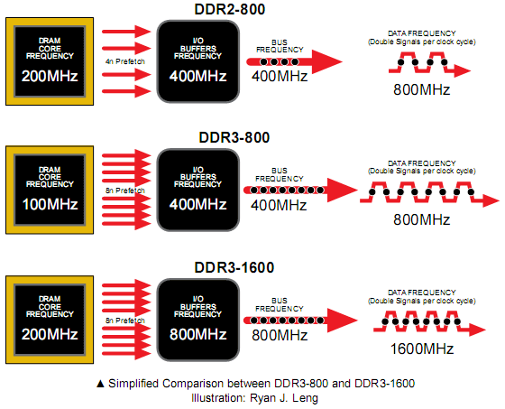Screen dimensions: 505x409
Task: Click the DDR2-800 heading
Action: [x=230, y=9]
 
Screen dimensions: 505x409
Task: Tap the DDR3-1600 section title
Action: [x=234, y=267]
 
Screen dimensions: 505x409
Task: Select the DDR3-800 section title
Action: [x=234, y=137]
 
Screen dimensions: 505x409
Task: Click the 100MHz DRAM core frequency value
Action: [x=50, y=204]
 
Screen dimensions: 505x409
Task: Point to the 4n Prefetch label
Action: [x=125, y=61]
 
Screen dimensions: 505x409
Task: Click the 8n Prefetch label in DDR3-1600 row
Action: [x=125, y=321]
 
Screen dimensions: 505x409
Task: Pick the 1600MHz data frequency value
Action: [x=422, y=349]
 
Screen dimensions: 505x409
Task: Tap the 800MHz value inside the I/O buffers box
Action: [x=198, y=334]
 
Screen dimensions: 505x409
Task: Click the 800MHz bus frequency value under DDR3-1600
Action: [x=280, y=335]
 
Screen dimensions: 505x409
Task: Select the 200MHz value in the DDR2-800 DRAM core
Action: [x=50, y=76]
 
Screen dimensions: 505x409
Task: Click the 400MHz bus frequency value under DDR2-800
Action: [x=280, y=76]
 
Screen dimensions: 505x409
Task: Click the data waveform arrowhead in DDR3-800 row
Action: [x=491, y=200]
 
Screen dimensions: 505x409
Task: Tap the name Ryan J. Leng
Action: [x=284, y=397]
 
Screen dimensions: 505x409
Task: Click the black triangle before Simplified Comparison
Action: [x=100, y=384]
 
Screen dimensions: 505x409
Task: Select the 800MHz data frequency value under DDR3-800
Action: [x=422, y=219]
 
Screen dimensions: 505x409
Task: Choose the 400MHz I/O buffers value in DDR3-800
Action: [x=198, y=204]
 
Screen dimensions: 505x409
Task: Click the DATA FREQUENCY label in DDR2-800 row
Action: [x=422, y=33]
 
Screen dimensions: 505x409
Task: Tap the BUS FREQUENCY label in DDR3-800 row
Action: [x=280, y=174]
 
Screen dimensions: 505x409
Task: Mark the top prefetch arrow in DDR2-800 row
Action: [x=126, y=32]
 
